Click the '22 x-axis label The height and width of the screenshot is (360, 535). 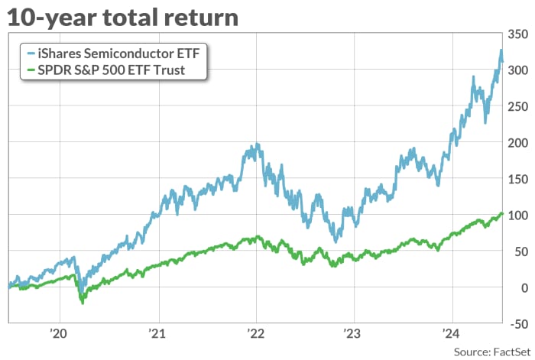(x=255, y=333)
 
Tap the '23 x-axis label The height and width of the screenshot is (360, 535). (x=353, y=333)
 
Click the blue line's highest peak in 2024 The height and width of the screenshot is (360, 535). (x=501, y=50)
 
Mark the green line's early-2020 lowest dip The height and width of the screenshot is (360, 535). (x=82, y=303)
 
